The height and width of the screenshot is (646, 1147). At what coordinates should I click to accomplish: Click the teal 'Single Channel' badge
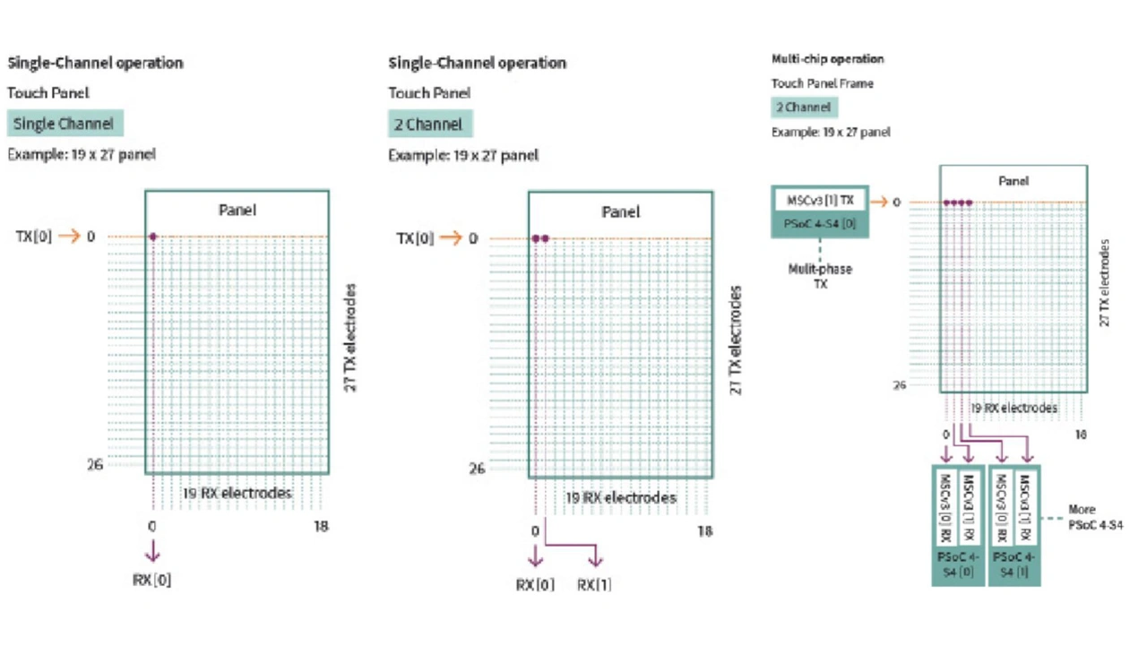[x=64, y=124]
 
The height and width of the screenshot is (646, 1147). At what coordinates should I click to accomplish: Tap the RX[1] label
[x=594, y=585]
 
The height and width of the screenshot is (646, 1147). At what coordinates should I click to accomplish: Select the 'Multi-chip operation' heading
[x=827, y=59]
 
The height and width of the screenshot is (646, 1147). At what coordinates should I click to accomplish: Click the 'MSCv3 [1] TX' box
[x=820, y=199]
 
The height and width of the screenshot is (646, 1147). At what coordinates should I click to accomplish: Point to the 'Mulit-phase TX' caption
[x=820, y=276]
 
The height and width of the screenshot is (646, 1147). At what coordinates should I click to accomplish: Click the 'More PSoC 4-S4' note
[x=1095, y=517]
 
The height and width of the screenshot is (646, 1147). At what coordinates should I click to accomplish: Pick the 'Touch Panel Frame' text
[x=822, y=83]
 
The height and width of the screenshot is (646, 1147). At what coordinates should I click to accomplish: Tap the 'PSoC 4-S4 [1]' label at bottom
[x=1014, y=564]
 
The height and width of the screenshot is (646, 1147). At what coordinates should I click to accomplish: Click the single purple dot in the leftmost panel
[x=152, y=237]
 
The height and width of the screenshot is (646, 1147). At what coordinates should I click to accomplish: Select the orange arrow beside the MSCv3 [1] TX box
[x=877, y=202]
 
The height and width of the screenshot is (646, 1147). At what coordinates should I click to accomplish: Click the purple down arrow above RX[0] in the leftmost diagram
[x=152, y=550]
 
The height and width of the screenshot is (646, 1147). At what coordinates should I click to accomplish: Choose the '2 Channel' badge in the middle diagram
[x=429, y=124]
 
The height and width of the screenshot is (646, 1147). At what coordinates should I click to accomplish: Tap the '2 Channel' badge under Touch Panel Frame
[x=804, y=108]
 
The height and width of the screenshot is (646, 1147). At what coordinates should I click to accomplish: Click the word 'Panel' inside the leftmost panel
[x=237, y=210]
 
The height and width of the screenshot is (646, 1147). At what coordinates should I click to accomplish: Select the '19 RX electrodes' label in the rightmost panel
[x=1014, y=408]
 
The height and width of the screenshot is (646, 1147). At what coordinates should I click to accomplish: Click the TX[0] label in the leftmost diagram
[x=33, y=237]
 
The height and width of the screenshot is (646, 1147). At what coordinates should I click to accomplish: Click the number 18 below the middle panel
[x=704, y=530]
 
